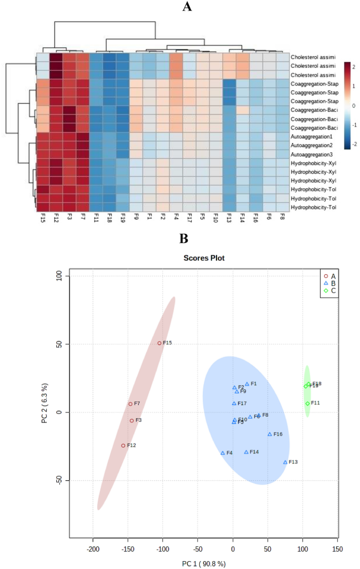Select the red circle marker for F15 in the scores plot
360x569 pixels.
[x=159, y=343]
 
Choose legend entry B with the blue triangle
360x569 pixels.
[x=330, y=283]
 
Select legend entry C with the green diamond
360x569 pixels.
[x=330, y=290]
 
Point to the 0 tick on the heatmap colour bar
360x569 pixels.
[x=353, y=106]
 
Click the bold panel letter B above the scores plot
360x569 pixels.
[x=184, y=239]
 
